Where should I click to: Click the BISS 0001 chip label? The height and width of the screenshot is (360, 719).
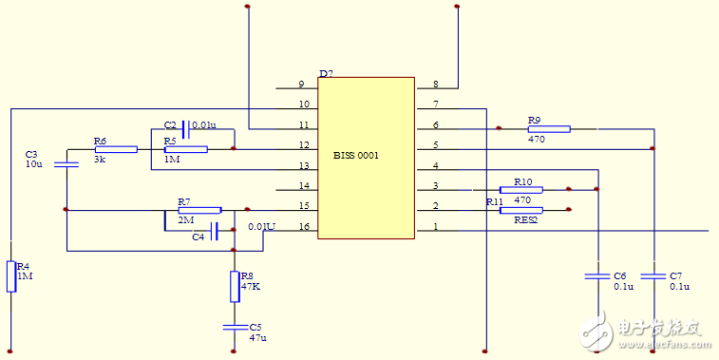click(x=356, y=155)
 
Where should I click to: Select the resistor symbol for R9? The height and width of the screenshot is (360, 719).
click(x=548, y=128)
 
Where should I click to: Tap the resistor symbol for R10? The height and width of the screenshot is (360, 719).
click(x=520, y=189)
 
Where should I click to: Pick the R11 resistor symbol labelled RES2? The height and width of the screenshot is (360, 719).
click(x=520, y=210)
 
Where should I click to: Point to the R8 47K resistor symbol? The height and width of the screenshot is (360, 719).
click(x=234, y=285)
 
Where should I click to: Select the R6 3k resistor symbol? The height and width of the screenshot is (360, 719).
click(x=116, y=149)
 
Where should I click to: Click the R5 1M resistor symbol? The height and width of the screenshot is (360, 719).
click(x=185, y=149)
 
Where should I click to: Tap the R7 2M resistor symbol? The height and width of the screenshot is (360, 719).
click(x=199, y=210)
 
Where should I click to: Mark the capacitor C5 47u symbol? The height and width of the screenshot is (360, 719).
click(x=234, y=327)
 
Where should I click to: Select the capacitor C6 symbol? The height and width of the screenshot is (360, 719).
click(x=596, y=275)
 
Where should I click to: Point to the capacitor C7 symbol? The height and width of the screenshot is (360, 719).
click(x=653, y=275)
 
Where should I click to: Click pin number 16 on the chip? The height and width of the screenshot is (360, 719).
click(x=303, y=227)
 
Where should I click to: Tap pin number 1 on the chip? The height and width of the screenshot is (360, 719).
click(x=436, y=227)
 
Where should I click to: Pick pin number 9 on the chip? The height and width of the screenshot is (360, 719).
click(x=301, y=85)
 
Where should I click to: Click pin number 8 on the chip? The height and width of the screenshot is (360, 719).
click(x=436, y=85)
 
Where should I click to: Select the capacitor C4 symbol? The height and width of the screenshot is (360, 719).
click(x=215, y=230)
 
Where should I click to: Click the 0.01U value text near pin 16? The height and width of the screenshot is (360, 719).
click(x=261, y=227)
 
